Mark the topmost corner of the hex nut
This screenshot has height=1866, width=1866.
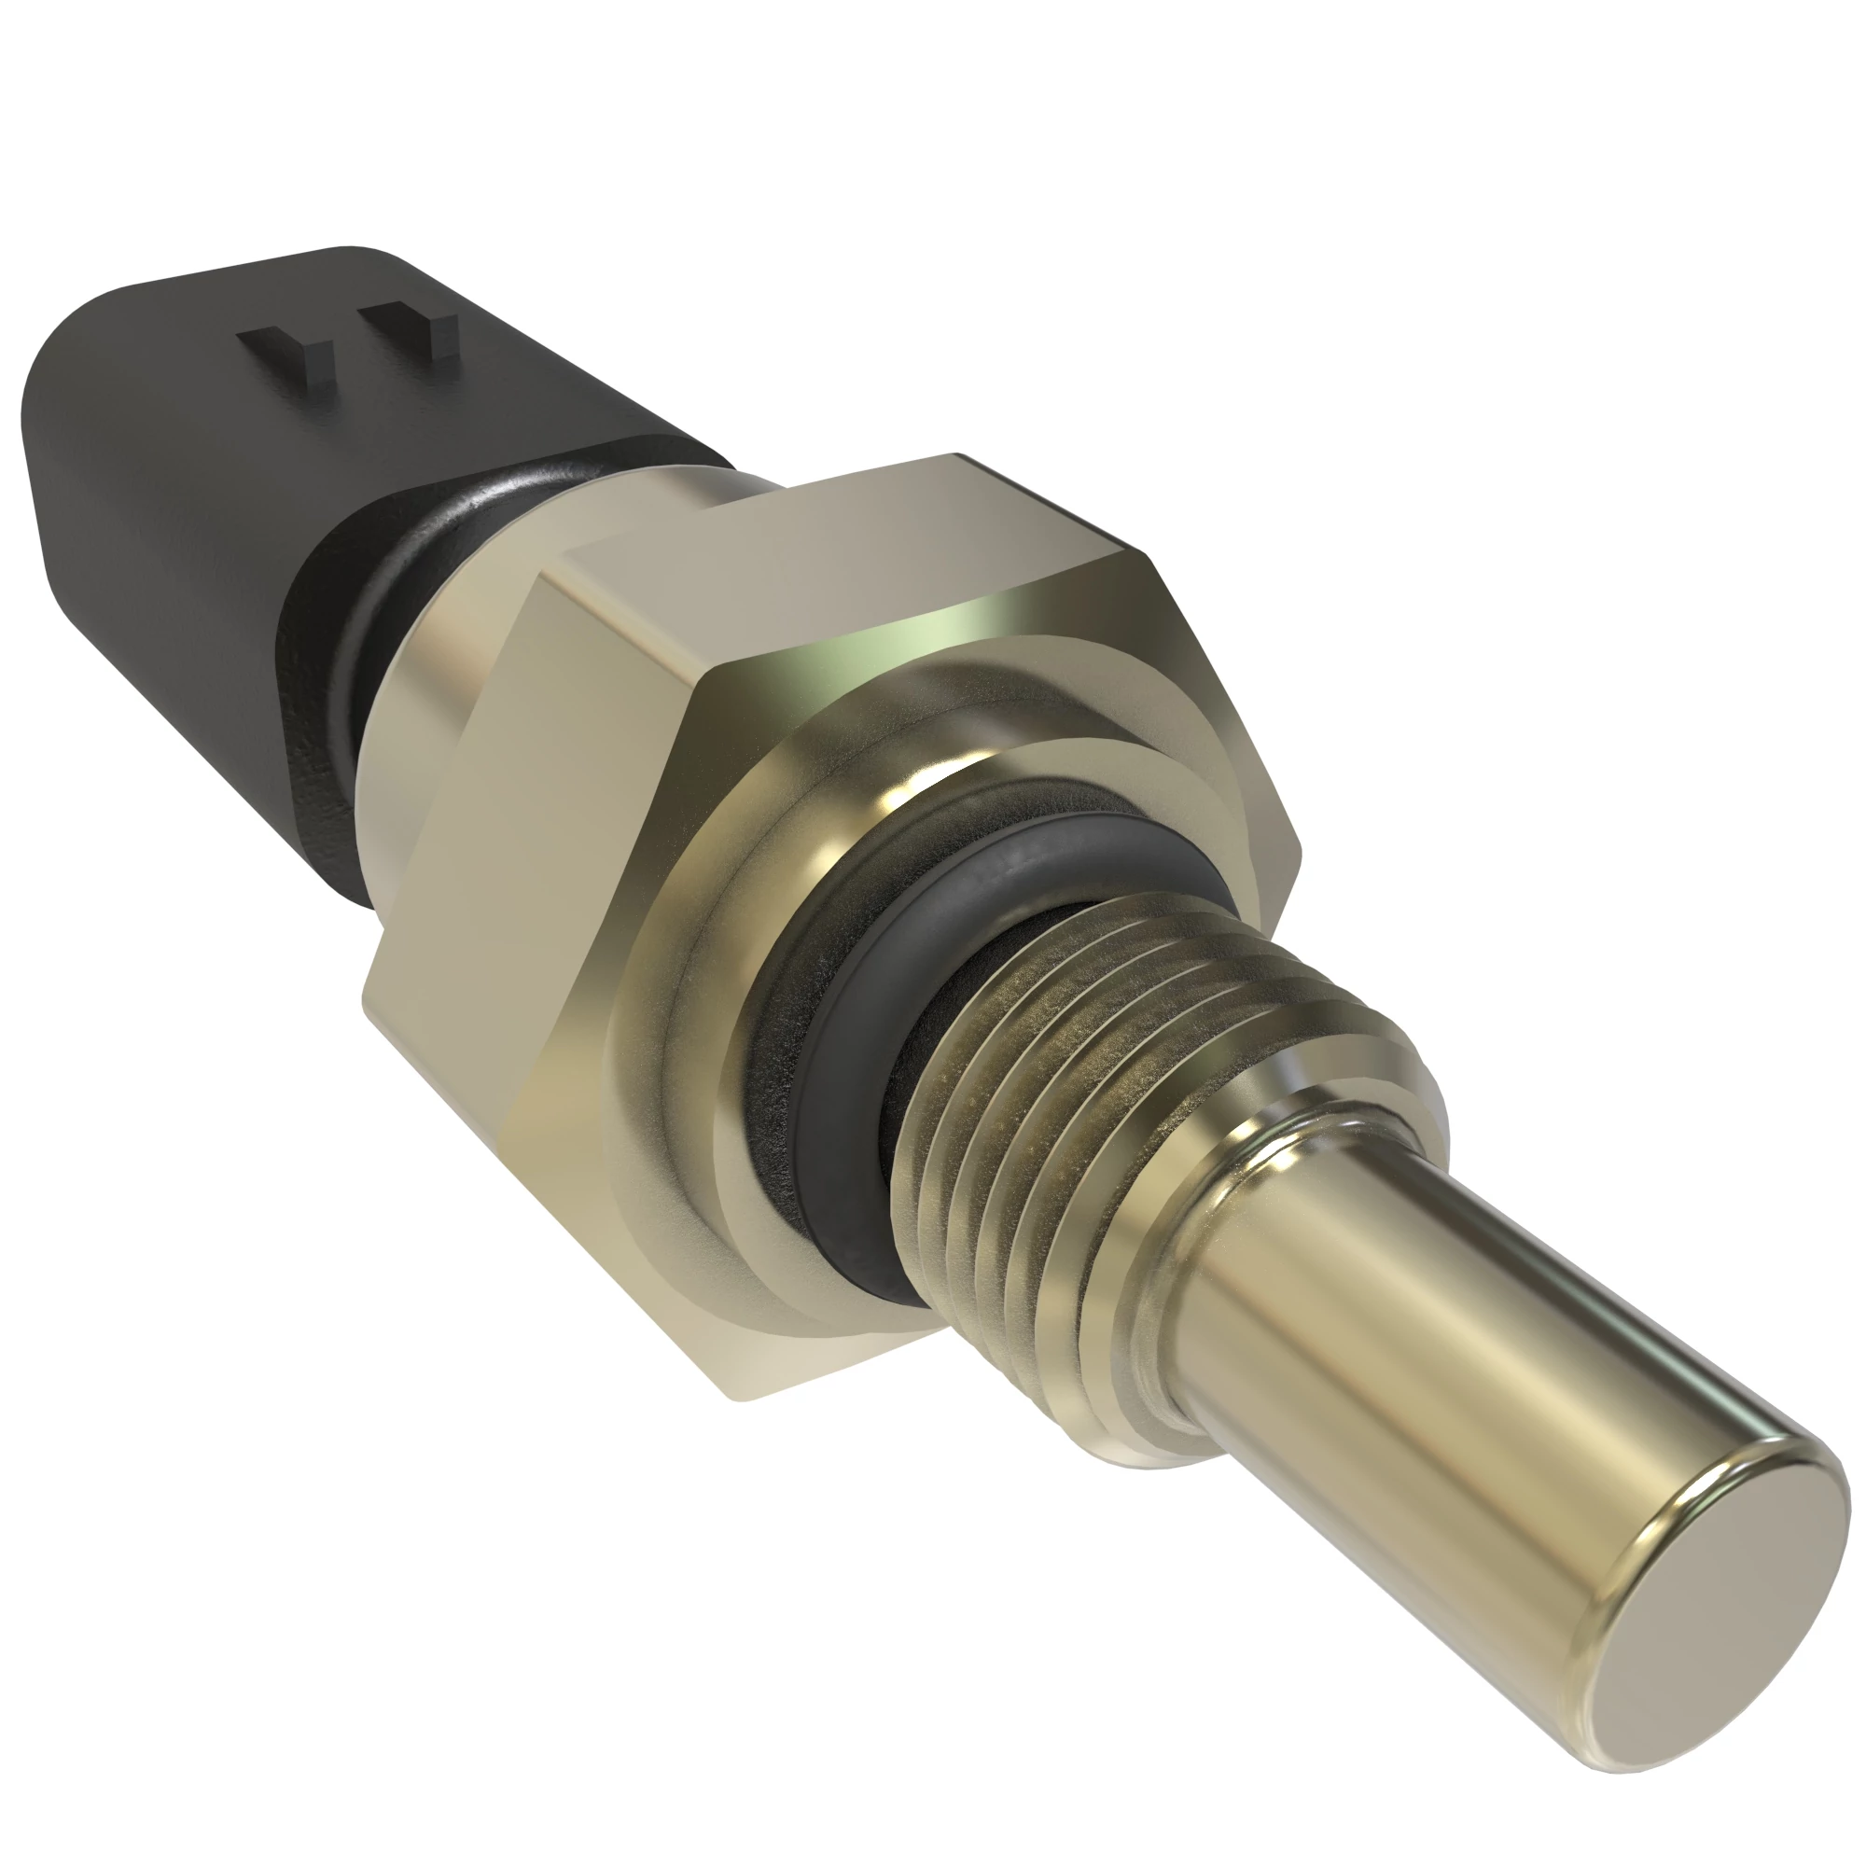tap(956, 455)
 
